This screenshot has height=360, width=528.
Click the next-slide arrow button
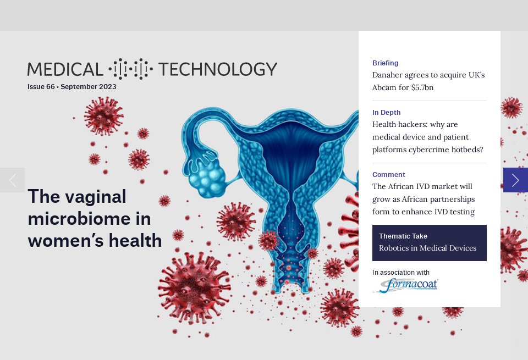[x=515, y=180]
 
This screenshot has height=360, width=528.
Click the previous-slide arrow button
[x=12, y=180]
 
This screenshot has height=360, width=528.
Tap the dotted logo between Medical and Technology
[x=130, y=69]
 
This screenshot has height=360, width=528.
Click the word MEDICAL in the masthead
[x=65, y=69]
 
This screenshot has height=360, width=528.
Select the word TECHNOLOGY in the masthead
[x=217, y=69]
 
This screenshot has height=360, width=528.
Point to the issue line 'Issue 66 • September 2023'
[x=72, y=87]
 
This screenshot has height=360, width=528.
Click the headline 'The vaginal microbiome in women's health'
[x=95, y=218]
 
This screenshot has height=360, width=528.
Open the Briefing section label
[x=385, y=63]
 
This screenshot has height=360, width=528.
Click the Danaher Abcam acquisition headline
[x=428, y=81]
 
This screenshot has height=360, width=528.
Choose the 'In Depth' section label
[x=386, y=113]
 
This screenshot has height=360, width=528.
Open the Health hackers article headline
[x=428, y=137]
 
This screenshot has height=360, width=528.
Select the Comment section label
[x=388, y=175]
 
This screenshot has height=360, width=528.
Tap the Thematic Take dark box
[x=429, y=242]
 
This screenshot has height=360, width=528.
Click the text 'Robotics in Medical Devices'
[x=427, y=248]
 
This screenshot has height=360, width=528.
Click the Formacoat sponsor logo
[x=405, y=286]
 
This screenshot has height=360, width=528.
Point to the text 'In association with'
[x=400, y=273]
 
